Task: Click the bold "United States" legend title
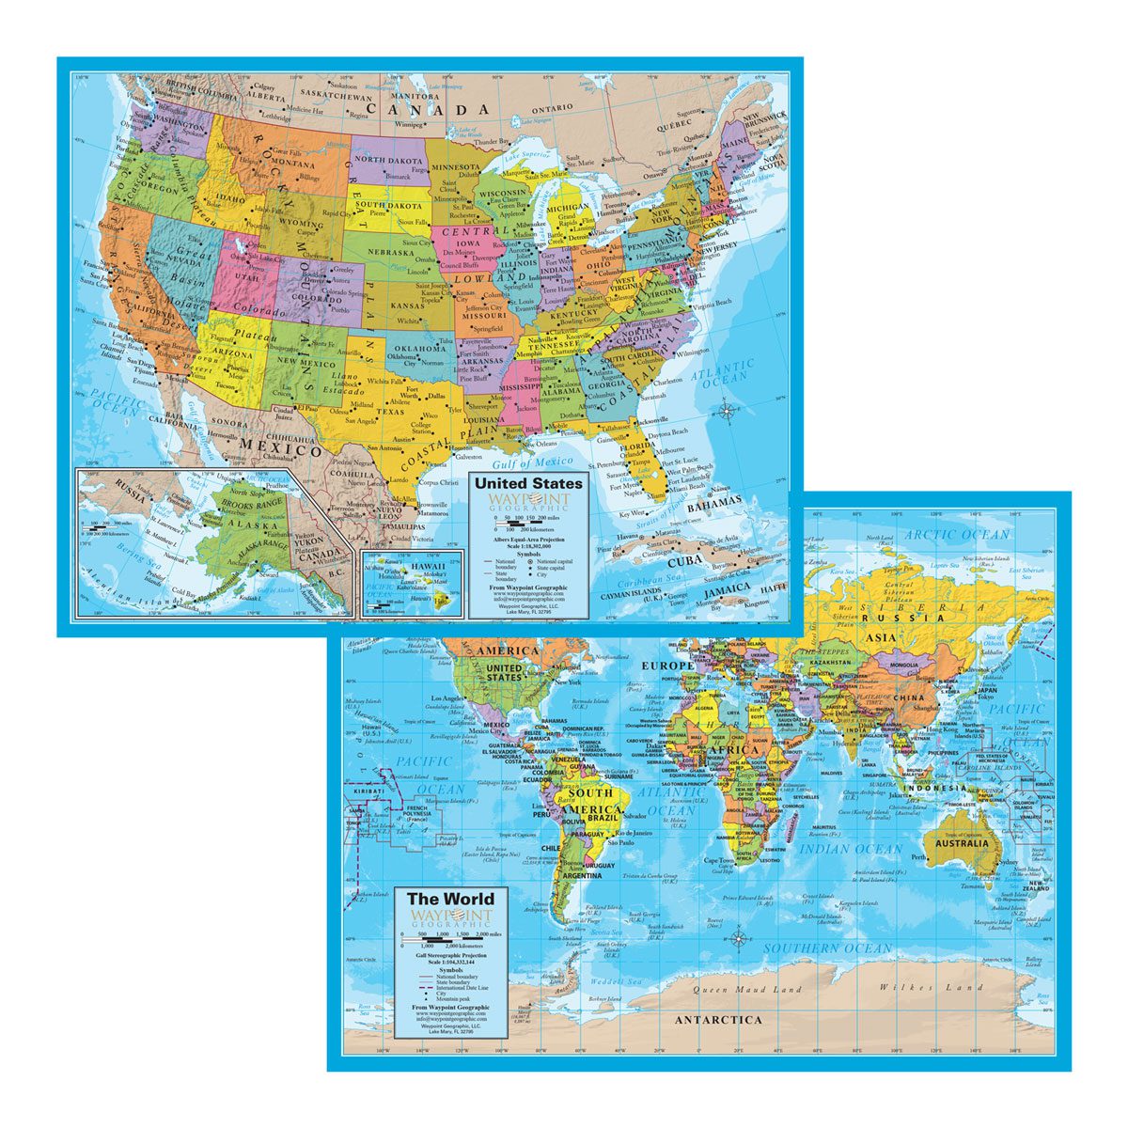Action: (x=528, y=482)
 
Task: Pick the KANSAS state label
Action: (x=408, y=306)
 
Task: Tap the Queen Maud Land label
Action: (x=747, y=989)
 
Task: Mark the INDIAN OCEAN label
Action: (x=851, y=849)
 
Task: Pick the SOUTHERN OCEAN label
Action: (x=826, y=948)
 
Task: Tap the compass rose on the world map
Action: (x=740, y=937)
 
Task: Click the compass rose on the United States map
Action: (x=725, y=410)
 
